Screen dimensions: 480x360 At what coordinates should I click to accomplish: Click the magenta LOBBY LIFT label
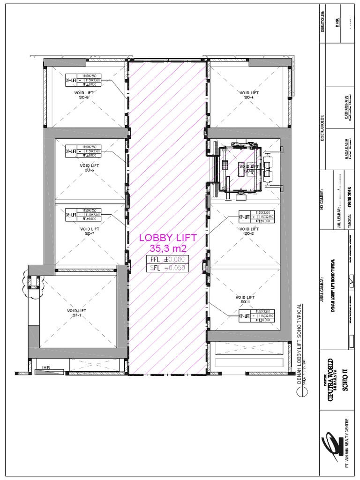point(167,238)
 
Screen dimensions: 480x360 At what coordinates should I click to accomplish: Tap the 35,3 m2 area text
point(167,248)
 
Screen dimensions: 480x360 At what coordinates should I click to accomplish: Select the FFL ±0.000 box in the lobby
point(167,259)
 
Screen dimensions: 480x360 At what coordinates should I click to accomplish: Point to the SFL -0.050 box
point(167,268)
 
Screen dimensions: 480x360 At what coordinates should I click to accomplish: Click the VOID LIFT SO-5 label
point(84,96)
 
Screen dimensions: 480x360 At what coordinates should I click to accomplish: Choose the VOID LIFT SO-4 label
point(249,95)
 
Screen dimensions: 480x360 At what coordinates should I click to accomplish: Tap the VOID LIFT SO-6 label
point(89,168)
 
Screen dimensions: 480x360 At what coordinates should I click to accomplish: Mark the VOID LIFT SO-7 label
point(89,231)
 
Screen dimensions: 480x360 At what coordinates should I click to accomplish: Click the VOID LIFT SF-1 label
point(77,313)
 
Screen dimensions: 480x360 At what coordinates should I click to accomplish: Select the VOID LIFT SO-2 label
point(249,231)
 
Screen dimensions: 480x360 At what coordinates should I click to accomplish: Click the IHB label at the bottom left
point(45,367)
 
